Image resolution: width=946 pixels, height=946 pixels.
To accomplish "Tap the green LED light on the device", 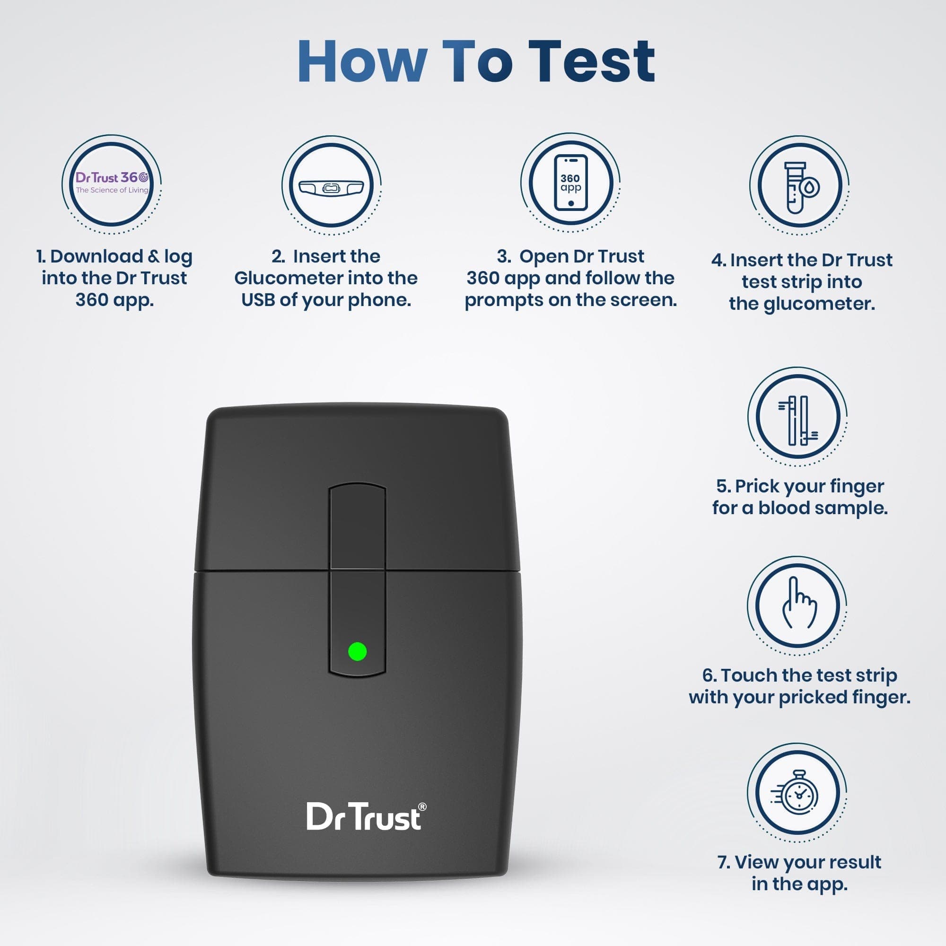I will click(x=357, y=652).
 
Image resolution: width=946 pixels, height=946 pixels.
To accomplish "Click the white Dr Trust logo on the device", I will click(x=363, y=817).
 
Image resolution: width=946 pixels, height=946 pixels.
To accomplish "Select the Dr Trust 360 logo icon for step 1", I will click(x=112, y=184).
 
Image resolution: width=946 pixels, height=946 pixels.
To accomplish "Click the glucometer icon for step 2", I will click(x=332, y=186).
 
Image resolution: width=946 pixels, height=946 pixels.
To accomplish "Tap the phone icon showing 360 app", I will click(x=570, y=183).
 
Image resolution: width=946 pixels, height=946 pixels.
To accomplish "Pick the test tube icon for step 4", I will click(x=798, y=186).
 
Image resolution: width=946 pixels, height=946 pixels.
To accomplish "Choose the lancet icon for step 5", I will click(x=797, y=417).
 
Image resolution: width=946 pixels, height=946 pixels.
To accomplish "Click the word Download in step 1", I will click(x=96, y=256).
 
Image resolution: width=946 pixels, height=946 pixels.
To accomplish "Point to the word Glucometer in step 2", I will click(x=282, y=278).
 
